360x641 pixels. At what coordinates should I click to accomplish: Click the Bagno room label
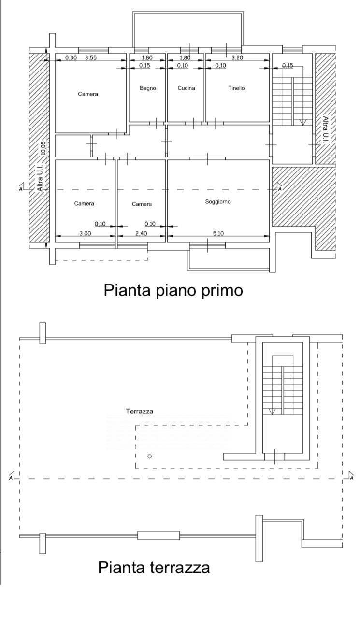click(x=148, y=88)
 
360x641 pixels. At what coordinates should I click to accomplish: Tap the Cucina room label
click(x=187, y=88)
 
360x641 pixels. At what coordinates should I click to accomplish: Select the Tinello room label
click(x=236, y=88)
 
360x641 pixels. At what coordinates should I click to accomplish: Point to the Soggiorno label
click(x=218, y=202)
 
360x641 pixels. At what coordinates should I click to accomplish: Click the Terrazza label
click(x=139, y=411)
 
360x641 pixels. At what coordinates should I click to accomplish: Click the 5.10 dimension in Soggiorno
click(x=218, y=233)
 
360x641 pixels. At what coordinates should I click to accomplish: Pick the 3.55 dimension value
click(x=91, y=57)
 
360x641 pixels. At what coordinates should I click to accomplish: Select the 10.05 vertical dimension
click(x=43, y=148)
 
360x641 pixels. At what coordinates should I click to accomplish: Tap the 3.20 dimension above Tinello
click(x=237, y=57)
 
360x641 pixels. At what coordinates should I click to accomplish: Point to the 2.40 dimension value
click(x=141, y=233)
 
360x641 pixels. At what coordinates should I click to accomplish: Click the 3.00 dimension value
click(x=85, y=233)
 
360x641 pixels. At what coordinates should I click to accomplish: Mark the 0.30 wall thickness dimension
click(x=71, y=57)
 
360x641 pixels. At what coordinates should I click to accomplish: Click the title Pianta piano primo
click(x=173, y=290)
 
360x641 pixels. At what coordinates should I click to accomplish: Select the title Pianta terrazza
click(x=154, y=567)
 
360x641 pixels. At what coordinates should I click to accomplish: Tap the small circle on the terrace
click(x=149, y=456)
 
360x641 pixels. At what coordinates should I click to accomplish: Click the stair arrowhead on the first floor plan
click(x=302, y=123)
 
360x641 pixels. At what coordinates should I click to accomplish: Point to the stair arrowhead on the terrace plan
click(x=272, y=411)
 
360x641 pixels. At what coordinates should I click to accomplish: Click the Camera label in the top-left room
click(x=88, y=94)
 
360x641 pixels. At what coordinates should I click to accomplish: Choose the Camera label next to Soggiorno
click(x=142, y=204)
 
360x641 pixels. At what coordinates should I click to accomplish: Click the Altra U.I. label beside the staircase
click(x=325, y=128)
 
